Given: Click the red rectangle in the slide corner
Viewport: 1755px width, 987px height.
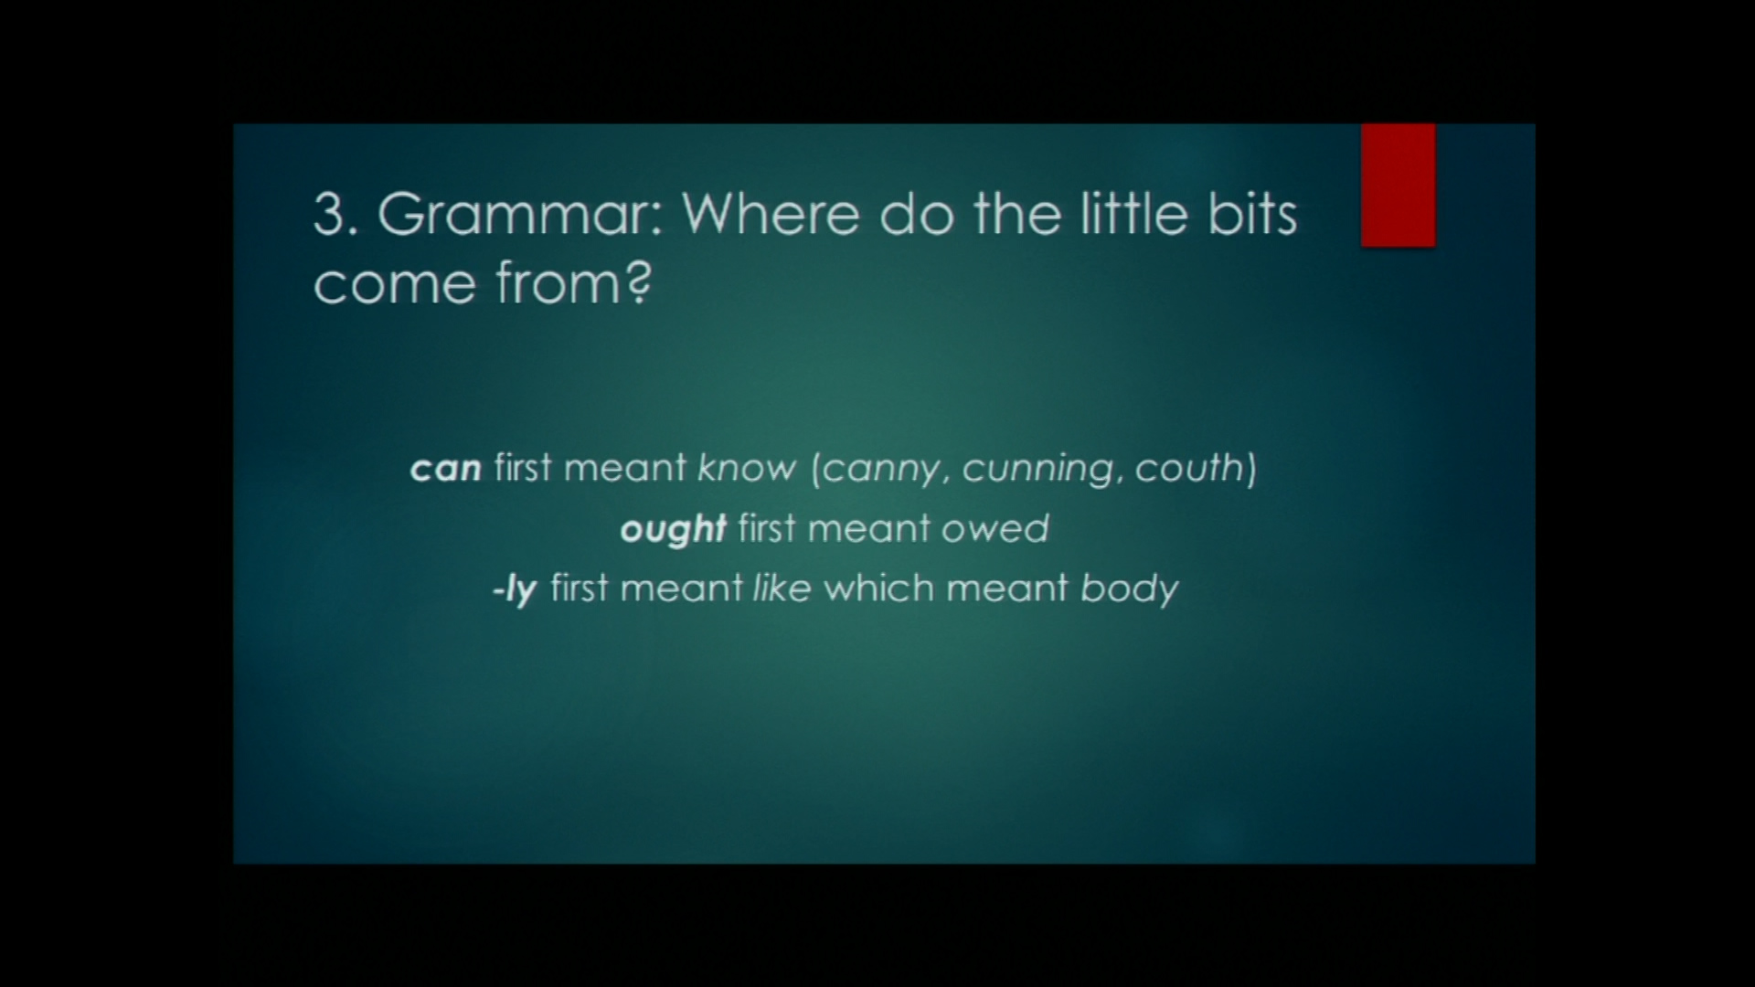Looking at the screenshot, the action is click(x=1398, y=186).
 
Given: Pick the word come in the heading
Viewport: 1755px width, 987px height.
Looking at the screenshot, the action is click(x=396, y=284).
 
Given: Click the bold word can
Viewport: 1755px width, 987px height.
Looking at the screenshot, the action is click(x=446, y=469).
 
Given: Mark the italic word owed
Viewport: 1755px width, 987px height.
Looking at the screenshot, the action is click(x=995, y=528).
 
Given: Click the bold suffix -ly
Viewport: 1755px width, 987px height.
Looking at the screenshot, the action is click(x=515, y=589).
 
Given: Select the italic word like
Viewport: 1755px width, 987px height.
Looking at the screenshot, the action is click(x=782, y=588).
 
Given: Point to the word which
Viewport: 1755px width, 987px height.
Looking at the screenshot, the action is click(x=879, y=588).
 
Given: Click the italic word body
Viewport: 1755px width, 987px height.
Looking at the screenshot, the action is click(x=1130, y=589).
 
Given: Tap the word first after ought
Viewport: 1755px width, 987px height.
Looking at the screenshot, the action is click(x=766, y=528).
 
